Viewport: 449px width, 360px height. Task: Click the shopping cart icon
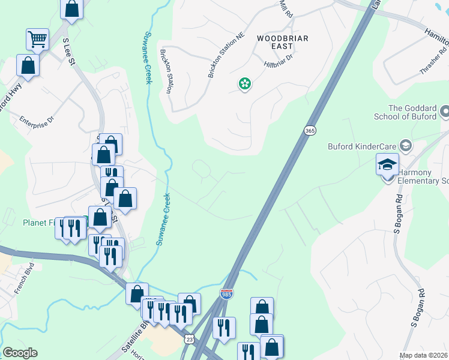click(37, 40)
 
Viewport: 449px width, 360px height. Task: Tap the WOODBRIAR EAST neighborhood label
click(282, 43)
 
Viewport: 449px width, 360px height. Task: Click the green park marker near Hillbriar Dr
click(245, 84)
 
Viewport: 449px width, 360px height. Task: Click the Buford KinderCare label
click(362, 146)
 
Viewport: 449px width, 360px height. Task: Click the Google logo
click(20, 353)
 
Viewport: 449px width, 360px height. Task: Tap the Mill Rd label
click(286, 7)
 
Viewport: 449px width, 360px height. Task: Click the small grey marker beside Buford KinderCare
click(406, 146)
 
